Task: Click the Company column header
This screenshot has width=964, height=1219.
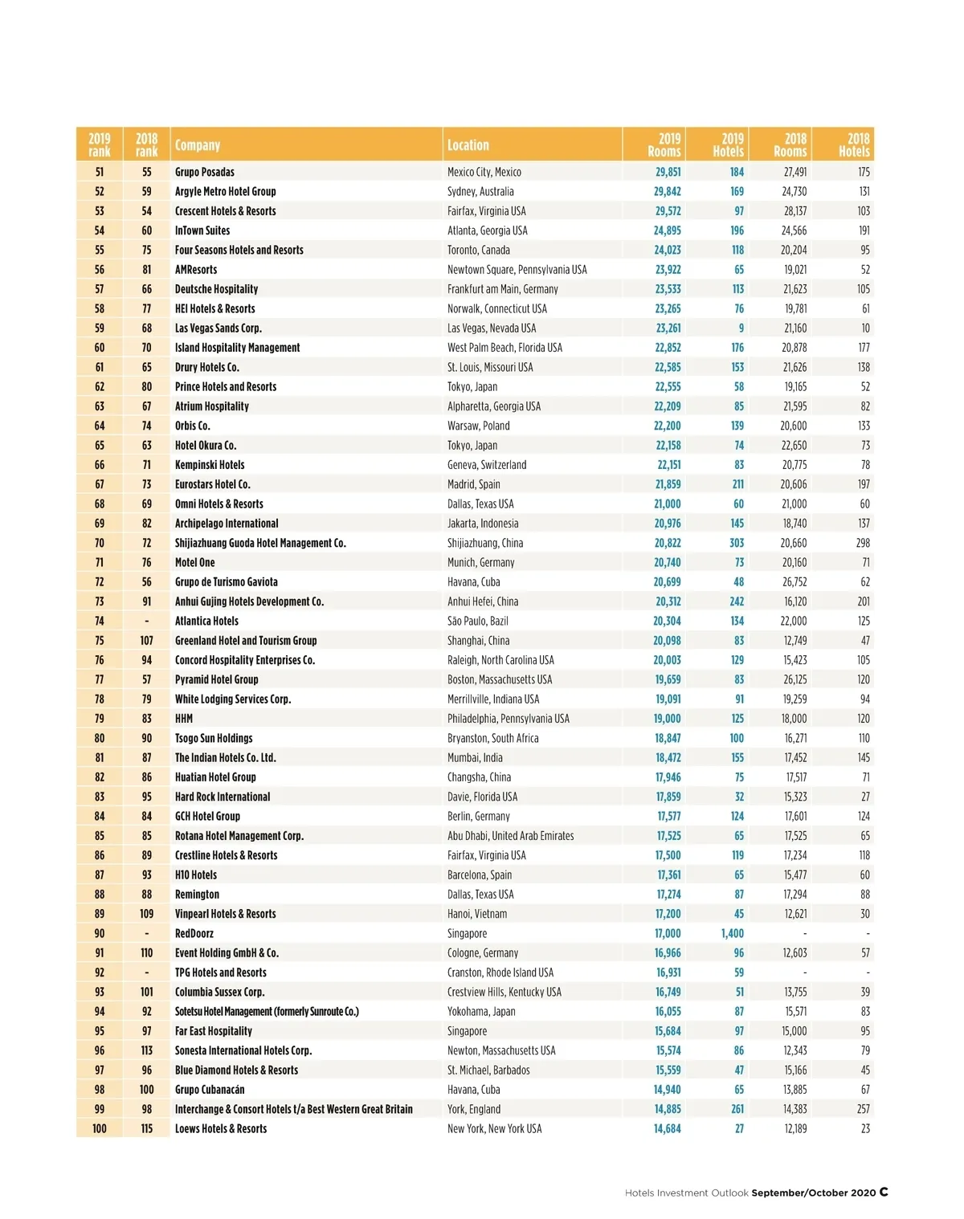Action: (x=198, y=145)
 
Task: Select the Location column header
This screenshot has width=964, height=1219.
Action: (x=468, y=145)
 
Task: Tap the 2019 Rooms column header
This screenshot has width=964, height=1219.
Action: (x=664, y=145)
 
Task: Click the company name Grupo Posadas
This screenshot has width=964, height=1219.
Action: (x=205, y=172)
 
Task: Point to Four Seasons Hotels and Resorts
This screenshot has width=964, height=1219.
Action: (x=239, y=250)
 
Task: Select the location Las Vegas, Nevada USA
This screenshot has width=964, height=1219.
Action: (x=492, y=328)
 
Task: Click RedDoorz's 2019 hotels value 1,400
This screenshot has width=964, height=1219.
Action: (x=732, y=933)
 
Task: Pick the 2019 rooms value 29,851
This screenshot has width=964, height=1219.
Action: (x=668, y=172)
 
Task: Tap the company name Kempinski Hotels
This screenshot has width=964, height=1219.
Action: (x=210, y=465)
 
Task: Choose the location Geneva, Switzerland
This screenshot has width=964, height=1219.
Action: (x=487, y=465)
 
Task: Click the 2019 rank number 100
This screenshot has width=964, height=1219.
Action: (x=99, y=1128)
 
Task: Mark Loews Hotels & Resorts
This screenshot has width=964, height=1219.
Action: (x=221, y=1128)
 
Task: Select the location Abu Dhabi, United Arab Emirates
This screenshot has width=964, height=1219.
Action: (x=511, y=836)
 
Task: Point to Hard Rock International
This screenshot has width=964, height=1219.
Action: (x=223, y=797)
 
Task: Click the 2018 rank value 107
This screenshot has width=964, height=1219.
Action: (x=146, y=641)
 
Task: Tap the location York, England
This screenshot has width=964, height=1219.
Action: (x=474, y=1109)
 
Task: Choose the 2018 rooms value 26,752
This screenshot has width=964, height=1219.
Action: (x=794, y=582)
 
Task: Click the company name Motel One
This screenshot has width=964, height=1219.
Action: (x=195, y=563)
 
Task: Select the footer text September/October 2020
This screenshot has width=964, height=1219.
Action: (x=813, y=1192)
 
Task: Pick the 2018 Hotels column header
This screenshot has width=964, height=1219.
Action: (x=854, y=145)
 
